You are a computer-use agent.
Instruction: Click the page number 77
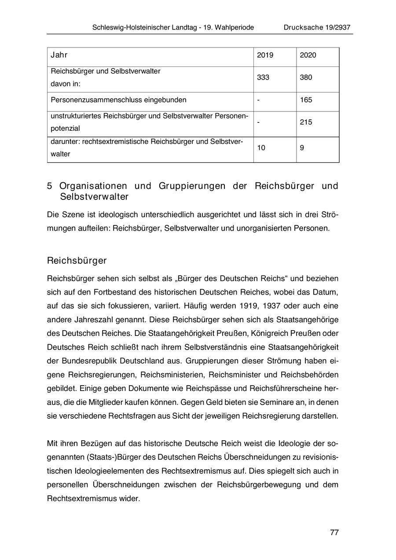(334, 532)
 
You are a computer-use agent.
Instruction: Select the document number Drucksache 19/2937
(317, 27)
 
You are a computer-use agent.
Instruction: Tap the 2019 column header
(265, 55)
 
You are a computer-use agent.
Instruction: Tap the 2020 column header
(308, 55)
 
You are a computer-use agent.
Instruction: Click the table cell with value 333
(264, 77)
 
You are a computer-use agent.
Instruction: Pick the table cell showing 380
(306, 77)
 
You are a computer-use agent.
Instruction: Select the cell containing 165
(306, 100)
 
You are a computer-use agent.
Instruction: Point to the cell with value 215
(306, 122)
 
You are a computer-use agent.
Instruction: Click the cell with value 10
(261, 148)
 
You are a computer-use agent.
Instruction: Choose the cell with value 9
(302, 148)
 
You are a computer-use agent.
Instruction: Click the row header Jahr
(59, 55)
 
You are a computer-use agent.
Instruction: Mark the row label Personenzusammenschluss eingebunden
(118, 100)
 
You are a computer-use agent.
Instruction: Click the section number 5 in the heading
(50, 186)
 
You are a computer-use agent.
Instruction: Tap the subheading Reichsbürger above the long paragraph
(77, 261)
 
